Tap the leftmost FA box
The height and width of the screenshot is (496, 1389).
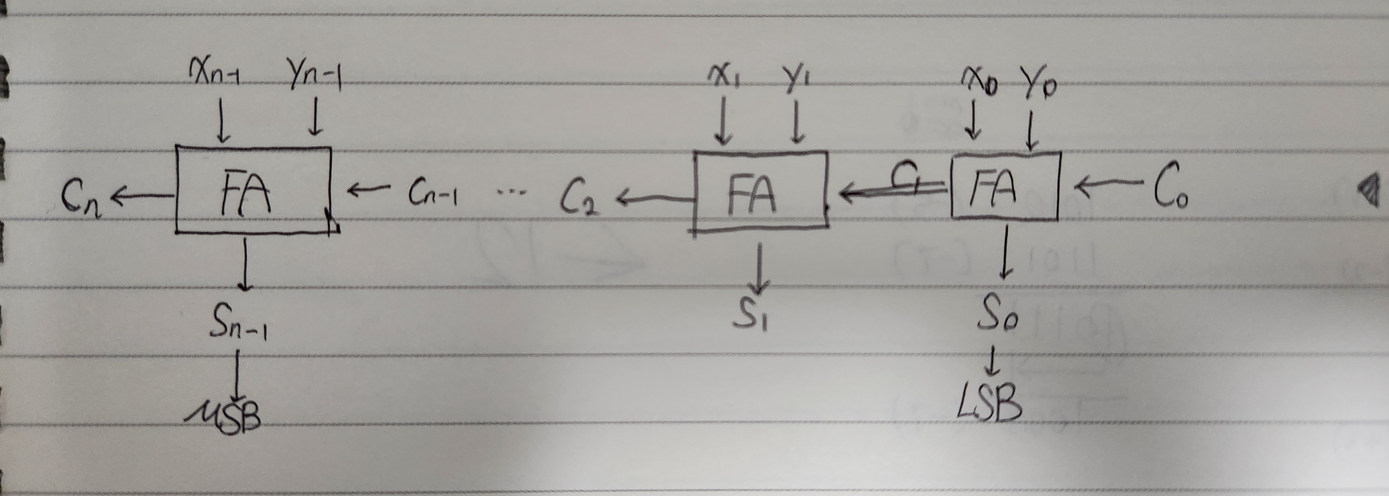(253, 191)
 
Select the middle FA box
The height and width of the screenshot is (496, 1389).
(760, 190)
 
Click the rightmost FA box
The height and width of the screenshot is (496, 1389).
(1005, 186)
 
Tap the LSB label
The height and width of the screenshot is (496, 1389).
(990, 404)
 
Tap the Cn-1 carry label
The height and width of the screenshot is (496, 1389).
(432, 194)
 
